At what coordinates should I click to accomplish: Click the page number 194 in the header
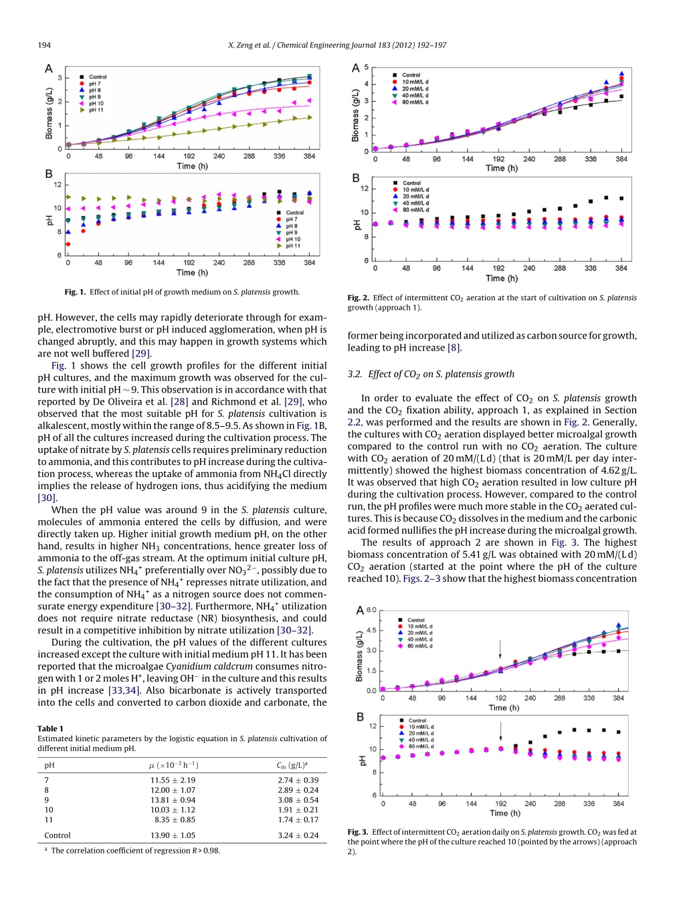(44, 45)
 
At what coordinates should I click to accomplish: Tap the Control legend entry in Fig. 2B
(407, 183)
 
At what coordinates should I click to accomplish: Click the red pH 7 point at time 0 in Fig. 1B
(68, 244)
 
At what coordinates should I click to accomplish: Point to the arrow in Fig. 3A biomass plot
(500, 649)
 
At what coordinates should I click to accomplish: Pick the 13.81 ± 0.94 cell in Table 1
(173, 799)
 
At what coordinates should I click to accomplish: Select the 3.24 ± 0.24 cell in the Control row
(298, 835)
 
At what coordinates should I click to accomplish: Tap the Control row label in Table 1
(58, 835)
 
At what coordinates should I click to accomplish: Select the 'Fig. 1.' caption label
(76, 292)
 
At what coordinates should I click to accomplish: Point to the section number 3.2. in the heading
(355, 374)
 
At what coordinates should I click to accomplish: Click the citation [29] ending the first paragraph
(141, 353)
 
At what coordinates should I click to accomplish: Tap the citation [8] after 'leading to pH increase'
(454, 347)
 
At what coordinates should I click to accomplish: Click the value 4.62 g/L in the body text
(617, 470)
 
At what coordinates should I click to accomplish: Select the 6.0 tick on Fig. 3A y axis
(371, 610)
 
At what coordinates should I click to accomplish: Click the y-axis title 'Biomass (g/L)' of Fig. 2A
(355, 115)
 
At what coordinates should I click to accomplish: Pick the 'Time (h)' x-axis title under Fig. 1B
(192, 272)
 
